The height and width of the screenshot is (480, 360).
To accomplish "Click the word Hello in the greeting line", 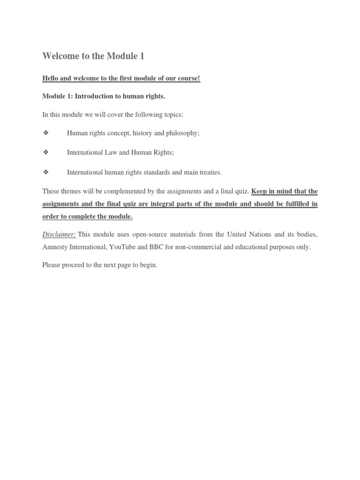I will pyautogui.click(x=51, y=78).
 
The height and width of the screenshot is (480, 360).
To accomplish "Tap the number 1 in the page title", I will pyautogui.click(x=142, y=57).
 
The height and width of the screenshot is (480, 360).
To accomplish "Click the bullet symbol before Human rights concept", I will pyautogui.click(x=45, y=133).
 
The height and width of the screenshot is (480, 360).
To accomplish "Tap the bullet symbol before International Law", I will pyautogui.click(x=45, y=152).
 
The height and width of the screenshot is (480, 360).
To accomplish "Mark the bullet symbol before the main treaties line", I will pyautogui.click(x=45, y=172).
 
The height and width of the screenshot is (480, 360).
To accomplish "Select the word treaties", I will pyautogui.click(x=210, y=172).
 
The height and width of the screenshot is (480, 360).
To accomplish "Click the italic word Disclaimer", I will pyautogui.click(x=59, y=234).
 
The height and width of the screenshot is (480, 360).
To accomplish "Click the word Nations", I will pyautogui.click(x=253, y=234).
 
